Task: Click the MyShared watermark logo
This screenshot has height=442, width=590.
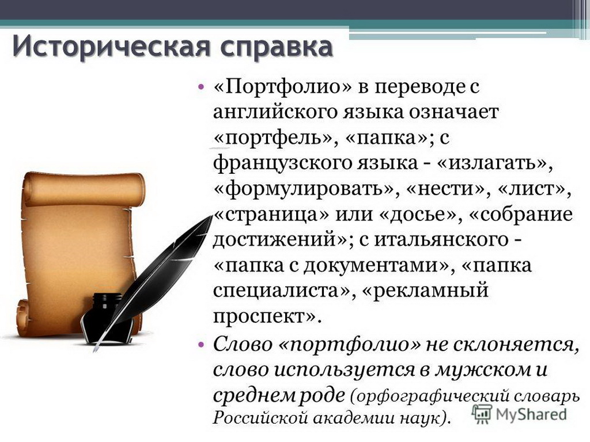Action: point(520,414)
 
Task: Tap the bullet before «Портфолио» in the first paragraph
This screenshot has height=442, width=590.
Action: point(201,87)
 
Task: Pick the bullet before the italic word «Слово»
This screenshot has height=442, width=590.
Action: point(201,344)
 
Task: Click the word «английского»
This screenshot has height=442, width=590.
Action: point(275,112)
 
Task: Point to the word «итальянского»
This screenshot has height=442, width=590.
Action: point(441,240)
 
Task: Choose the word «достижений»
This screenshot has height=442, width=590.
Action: point(274,240)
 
